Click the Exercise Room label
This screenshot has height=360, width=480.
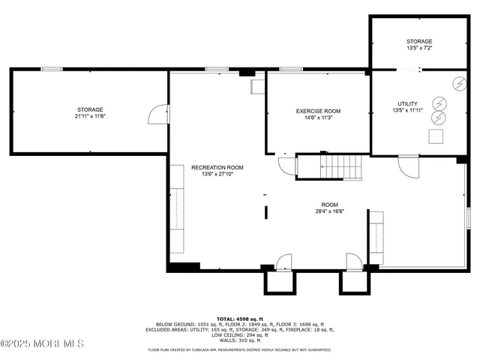[318, 111]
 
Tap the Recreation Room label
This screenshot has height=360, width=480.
[217, 167]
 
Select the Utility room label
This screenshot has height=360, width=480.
[408, 103]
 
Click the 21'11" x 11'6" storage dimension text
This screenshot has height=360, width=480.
[89, 117]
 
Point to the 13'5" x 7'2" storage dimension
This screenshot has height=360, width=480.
[419, 48]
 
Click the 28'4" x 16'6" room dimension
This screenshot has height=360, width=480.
[329, 211]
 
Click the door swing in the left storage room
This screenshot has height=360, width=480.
[157, 114]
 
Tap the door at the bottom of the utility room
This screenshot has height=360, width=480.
[408, 165]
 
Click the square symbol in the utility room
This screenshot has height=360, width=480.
[436, 136]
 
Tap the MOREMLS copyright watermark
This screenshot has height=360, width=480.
[42, 343]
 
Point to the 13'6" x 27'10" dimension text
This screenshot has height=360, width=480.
[217, 174]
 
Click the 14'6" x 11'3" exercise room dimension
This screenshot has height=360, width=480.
[318, 118]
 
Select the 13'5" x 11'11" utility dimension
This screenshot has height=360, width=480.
[408, 110]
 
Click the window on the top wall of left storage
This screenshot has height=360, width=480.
[51, 69]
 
